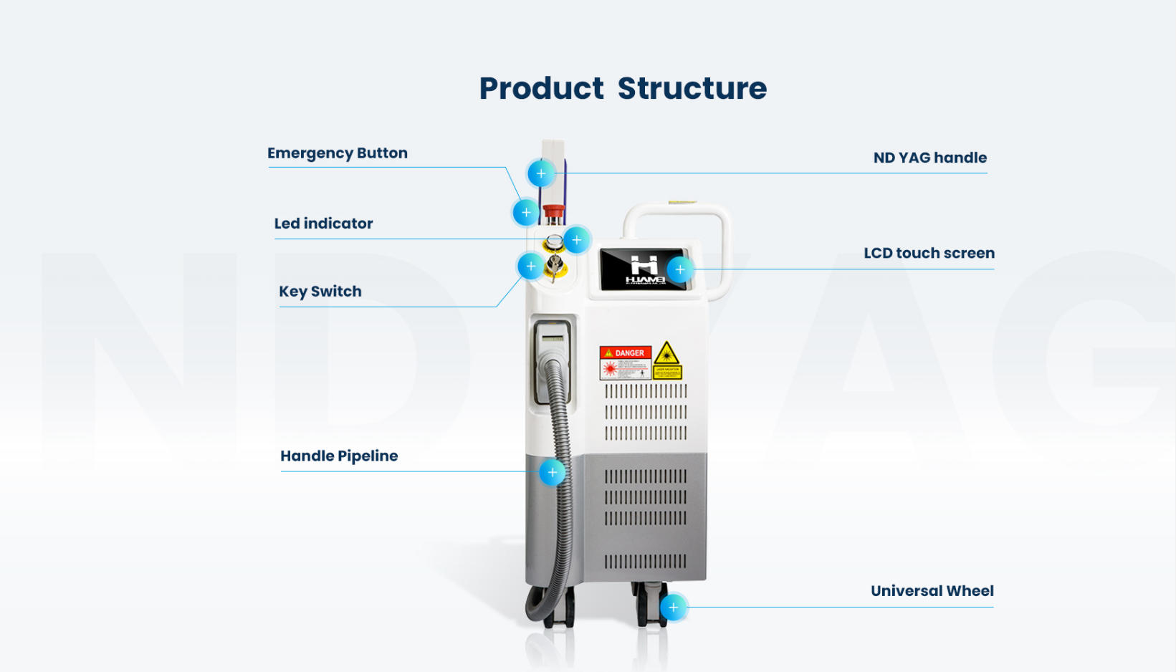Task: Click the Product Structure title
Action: [x=623, y=88]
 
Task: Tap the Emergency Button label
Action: [x=337, y=153]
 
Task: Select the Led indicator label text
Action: [x=323, y=224]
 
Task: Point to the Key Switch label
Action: [x=320, y=292]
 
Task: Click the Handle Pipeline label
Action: [x=339, y=456]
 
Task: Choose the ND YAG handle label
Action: [x=929, y=158]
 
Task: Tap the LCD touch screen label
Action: [x=929, y=253]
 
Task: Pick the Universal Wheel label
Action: [x=932, y=591]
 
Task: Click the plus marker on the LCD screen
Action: [x=680, y=270]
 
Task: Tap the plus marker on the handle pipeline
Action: [x=552, y=473]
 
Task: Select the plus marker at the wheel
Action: [x=673, y=608]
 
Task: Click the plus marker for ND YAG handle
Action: [x=541, y=174]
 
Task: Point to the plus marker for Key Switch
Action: [x=531, y=267]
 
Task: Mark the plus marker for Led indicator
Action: [x=577, y=240]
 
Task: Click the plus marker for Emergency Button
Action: [x=526, y=213]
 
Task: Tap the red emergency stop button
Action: [x=553, y=211]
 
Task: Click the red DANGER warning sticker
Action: [x=625, y=363]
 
